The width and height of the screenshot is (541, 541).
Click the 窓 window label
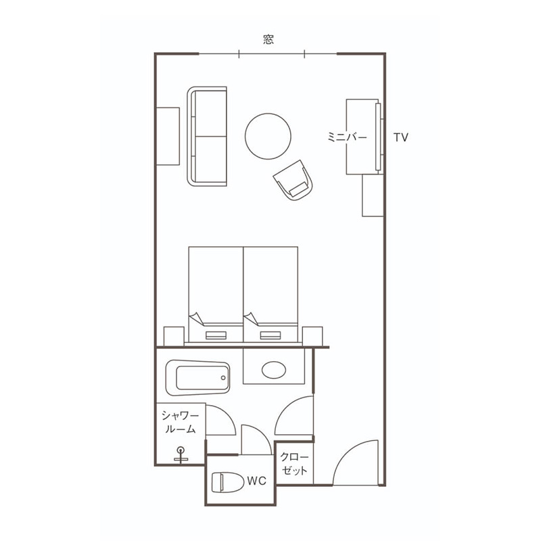268,40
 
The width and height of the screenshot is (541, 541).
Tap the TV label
401,137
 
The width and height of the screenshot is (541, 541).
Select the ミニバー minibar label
347,137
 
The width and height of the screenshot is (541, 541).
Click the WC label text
256,481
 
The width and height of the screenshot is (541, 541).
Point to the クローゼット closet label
294,464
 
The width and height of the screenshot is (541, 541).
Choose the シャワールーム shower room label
180,422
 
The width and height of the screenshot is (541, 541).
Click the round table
268,137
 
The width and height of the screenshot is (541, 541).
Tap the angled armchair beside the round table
293,181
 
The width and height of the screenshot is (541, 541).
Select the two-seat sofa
207,137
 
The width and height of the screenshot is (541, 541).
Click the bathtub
197,378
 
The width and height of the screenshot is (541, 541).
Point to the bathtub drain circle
223,378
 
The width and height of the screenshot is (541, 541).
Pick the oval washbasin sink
274,370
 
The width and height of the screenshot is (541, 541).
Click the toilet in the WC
227,482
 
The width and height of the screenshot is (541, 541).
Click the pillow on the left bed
216,335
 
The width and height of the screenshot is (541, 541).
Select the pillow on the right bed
270,335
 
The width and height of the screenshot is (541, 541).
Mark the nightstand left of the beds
174,336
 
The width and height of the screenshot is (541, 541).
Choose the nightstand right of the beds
312,336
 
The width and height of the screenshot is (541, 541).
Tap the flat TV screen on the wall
378,137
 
